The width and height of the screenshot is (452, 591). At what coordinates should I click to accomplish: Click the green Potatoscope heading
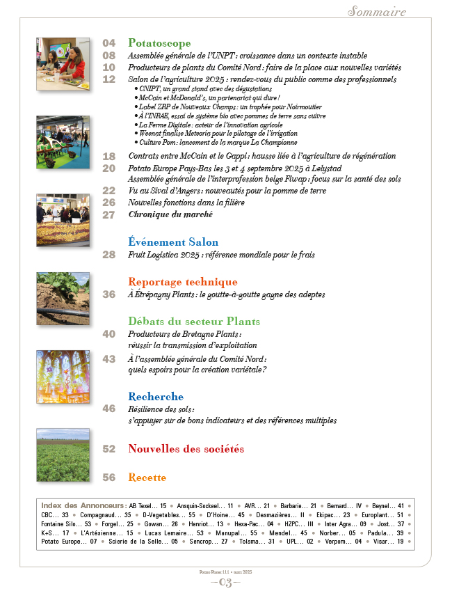pyautogui.click(x=159, y=43)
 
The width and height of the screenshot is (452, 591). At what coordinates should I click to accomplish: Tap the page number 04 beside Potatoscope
pyautogui.click(x=109, y=43)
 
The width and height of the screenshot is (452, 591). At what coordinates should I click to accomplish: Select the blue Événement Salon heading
pyautogui.click(x=173, y=242)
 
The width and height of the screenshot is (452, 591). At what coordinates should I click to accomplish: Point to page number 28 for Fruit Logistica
pyautogui.click(x=109, y=255)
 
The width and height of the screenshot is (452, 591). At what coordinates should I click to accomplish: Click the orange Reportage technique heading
pyautogui.click(x=183, y=282)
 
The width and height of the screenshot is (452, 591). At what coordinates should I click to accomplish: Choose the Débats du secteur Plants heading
pyautogui.click(x=194, y=322)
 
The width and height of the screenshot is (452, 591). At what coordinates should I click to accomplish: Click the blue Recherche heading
pyautogui.click(x=156, y=396)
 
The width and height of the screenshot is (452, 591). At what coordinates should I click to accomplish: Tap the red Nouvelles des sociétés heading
pyautogui.click(x=186, y=449)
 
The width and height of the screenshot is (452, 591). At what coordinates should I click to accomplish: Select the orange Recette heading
pyautogui.click(x=147, y=478)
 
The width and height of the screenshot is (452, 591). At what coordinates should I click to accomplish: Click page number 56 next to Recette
pyautogui.click(x=109, y=478)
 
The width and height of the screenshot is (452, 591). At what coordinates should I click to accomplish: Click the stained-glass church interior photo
pyautogui.click(x=63, y=377)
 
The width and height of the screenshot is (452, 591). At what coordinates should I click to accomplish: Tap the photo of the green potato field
pyautogui.click(x=63, y=455)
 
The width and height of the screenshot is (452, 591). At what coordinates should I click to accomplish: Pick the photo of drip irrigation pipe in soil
pyautogui.click(x=63, y=298)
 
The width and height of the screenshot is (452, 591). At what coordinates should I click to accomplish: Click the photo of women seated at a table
pyautogui.click(x=63, y=63)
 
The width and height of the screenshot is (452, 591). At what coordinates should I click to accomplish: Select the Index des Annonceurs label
pyautogui.click(x=83, y=505)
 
